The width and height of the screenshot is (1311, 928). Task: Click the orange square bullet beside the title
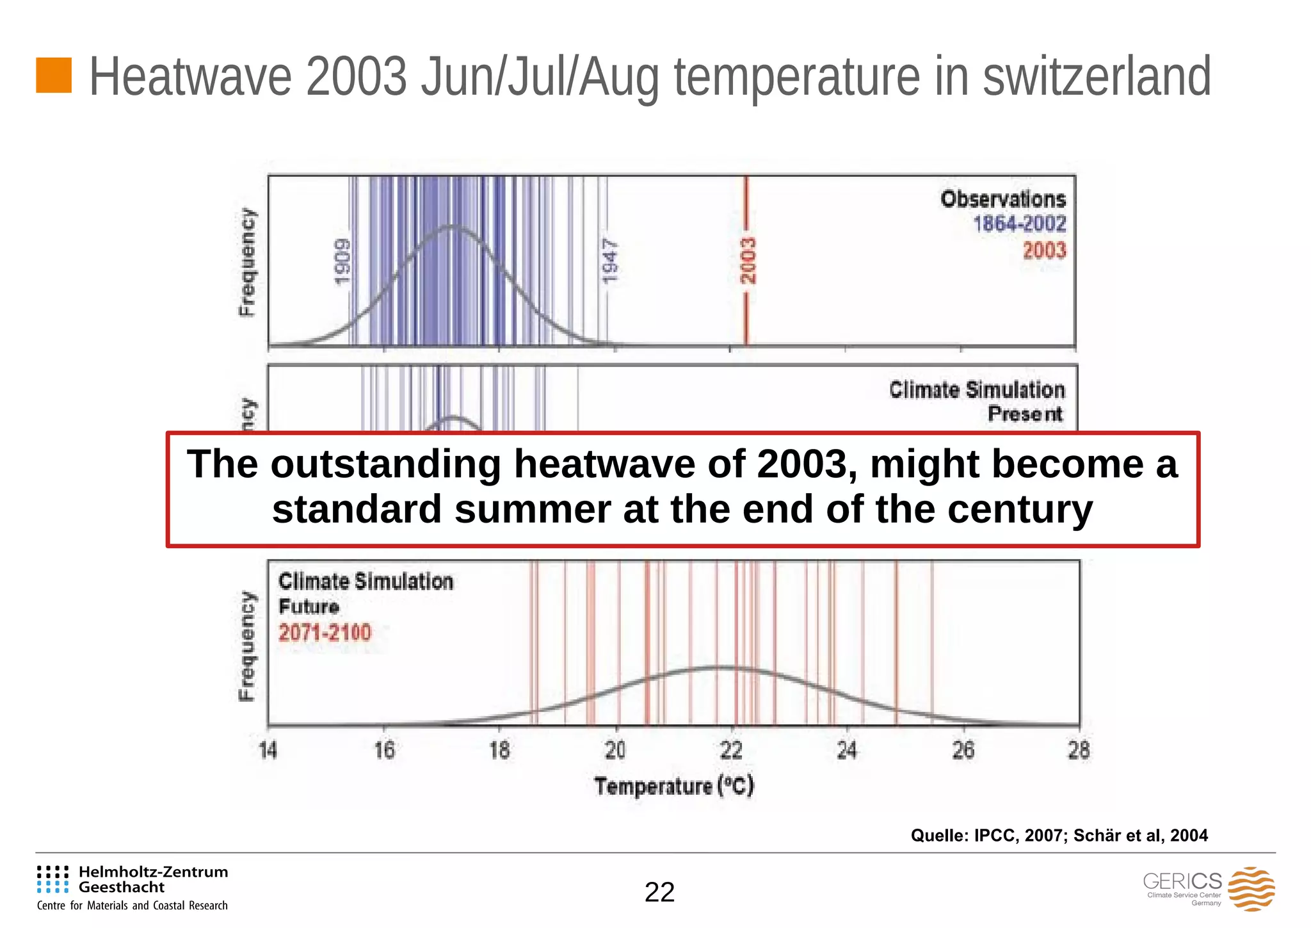coord(53,76)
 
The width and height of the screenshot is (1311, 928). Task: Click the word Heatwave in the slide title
coord(190,77)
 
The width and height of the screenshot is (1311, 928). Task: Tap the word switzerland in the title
coord(1096,77)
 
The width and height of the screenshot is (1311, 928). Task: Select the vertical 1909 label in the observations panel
coord(343,261)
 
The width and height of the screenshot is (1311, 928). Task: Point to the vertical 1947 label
coord(610,261)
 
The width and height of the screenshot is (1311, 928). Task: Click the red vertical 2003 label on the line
coord(748,261)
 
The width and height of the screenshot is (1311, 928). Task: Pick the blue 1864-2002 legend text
coord(1019,224)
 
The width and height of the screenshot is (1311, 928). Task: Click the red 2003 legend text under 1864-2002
coord(1044,250)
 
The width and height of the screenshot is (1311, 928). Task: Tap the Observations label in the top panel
coord(1002,199)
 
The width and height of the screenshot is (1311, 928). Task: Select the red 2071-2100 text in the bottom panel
coord(325,633)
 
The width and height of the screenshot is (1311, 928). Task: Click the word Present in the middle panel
coord(1024,414)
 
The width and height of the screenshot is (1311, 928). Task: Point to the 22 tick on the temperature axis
coord(730,750)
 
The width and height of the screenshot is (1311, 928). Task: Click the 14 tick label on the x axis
coord(268,750)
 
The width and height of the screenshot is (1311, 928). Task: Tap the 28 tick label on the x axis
coord(1079,750)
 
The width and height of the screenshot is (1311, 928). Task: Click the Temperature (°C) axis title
coord(674,786)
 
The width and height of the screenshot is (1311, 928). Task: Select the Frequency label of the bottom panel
coord(246,645)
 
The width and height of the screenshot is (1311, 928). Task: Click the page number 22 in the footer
coord(659,892)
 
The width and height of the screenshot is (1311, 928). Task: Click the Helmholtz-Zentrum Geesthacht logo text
coord(152,879)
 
